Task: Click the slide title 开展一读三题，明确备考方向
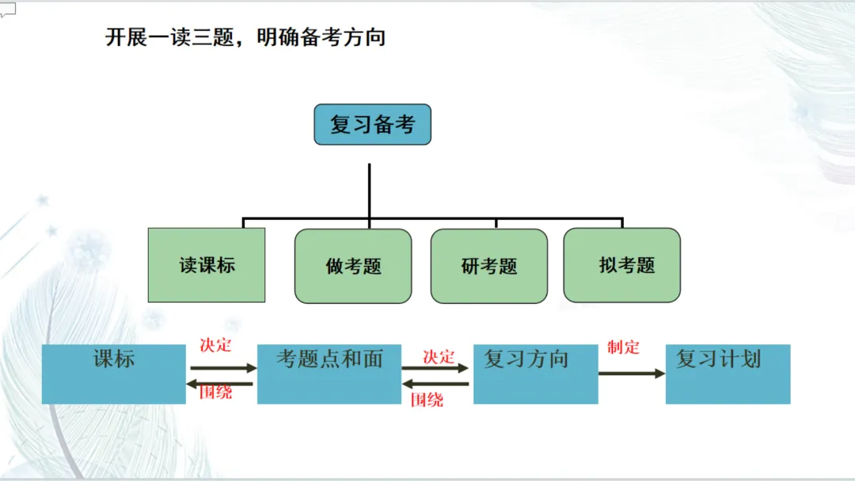point(245,37)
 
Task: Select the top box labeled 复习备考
point(372,124)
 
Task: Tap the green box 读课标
point(207,265)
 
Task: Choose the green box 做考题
point(353,266)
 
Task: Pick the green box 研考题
point(489,266)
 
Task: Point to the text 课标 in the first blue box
point(114,359)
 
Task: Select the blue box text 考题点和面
point(329,359)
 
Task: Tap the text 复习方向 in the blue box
point(526,359)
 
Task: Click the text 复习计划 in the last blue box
point(718,359)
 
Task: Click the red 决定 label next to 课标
point(215,346)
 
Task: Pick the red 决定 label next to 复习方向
point(439,357)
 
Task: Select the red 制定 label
point(623,347)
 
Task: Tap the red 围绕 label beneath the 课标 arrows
point(215,392)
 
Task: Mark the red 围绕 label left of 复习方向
point(427,400)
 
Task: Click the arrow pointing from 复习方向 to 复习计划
point(632,373)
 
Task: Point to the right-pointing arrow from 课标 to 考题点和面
point(223,368)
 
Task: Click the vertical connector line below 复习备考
point(370,190)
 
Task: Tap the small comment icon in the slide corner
point(8,9)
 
